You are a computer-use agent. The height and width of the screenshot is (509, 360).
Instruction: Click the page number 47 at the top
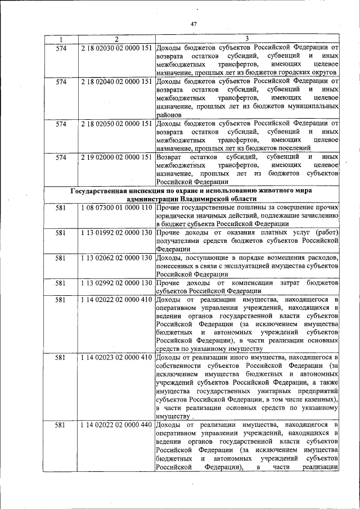[x=194, y=23]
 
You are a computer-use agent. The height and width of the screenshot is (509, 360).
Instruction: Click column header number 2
[x=116, y=39]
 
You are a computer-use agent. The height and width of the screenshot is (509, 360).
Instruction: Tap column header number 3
[x=247, y=39]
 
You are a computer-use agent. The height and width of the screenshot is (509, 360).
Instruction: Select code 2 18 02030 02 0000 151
[x=116, y=47]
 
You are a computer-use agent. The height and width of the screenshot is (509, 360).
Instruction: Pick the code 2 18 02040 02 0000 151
[x=116, y=82]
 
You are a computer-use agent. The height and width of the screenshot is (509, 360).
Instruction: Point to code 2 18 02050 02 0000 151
[x=116, y=123]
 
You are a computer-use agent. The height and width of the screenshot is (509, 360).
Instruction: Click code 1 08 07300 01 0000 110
[x=116, y=208]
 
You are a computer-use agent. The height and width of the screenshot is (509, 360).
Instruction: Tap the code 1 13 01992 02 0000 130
[x=116, y=232]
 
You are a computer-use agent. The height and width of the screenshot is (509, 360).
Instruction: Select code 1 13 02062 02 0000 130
[x=116, y=257]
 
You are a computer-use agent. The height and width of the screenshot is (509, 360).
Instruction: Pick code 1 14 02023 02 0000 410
[x=116, y=357]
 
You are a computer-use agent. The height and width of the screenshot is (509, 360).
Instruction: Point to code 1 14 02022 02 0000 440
[x=116, y=424]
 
